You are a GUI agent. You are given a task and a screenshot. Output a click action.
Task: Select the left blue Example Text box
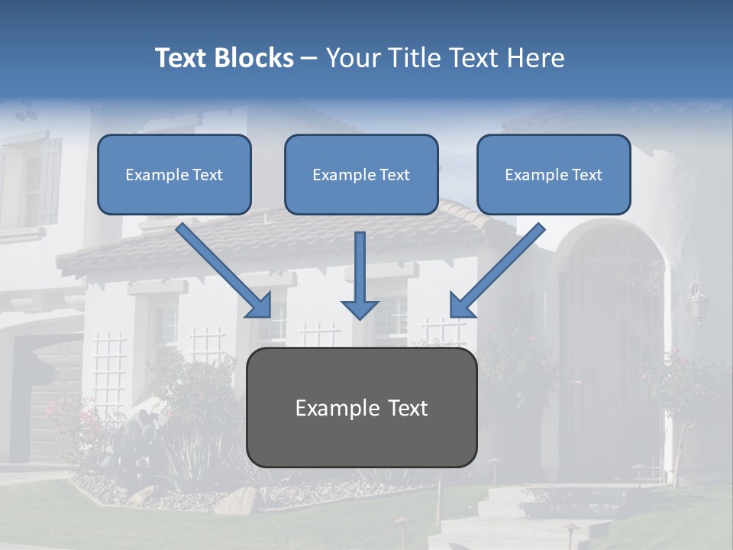[174, 174]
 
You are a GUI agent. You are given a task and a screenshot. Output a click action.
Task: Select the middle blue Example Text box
[361, 174]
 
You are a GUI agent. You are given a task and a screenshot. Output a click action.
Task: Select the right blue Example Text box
[554, 174]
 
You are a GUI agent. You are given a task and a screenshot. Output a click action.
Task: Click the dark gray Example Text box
[362, 407]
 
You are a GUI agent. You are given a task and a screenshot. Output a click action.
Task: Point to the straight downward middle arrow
[360, 275]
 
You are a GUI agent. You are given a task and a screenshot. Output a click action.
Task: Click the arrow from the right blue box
[496, 271]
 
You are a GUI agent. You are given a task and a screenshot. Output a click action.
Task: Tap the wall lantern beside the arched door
[696, 302]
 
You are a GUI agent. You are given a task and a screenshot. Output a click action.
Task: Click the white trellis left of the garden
[108, 367]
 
